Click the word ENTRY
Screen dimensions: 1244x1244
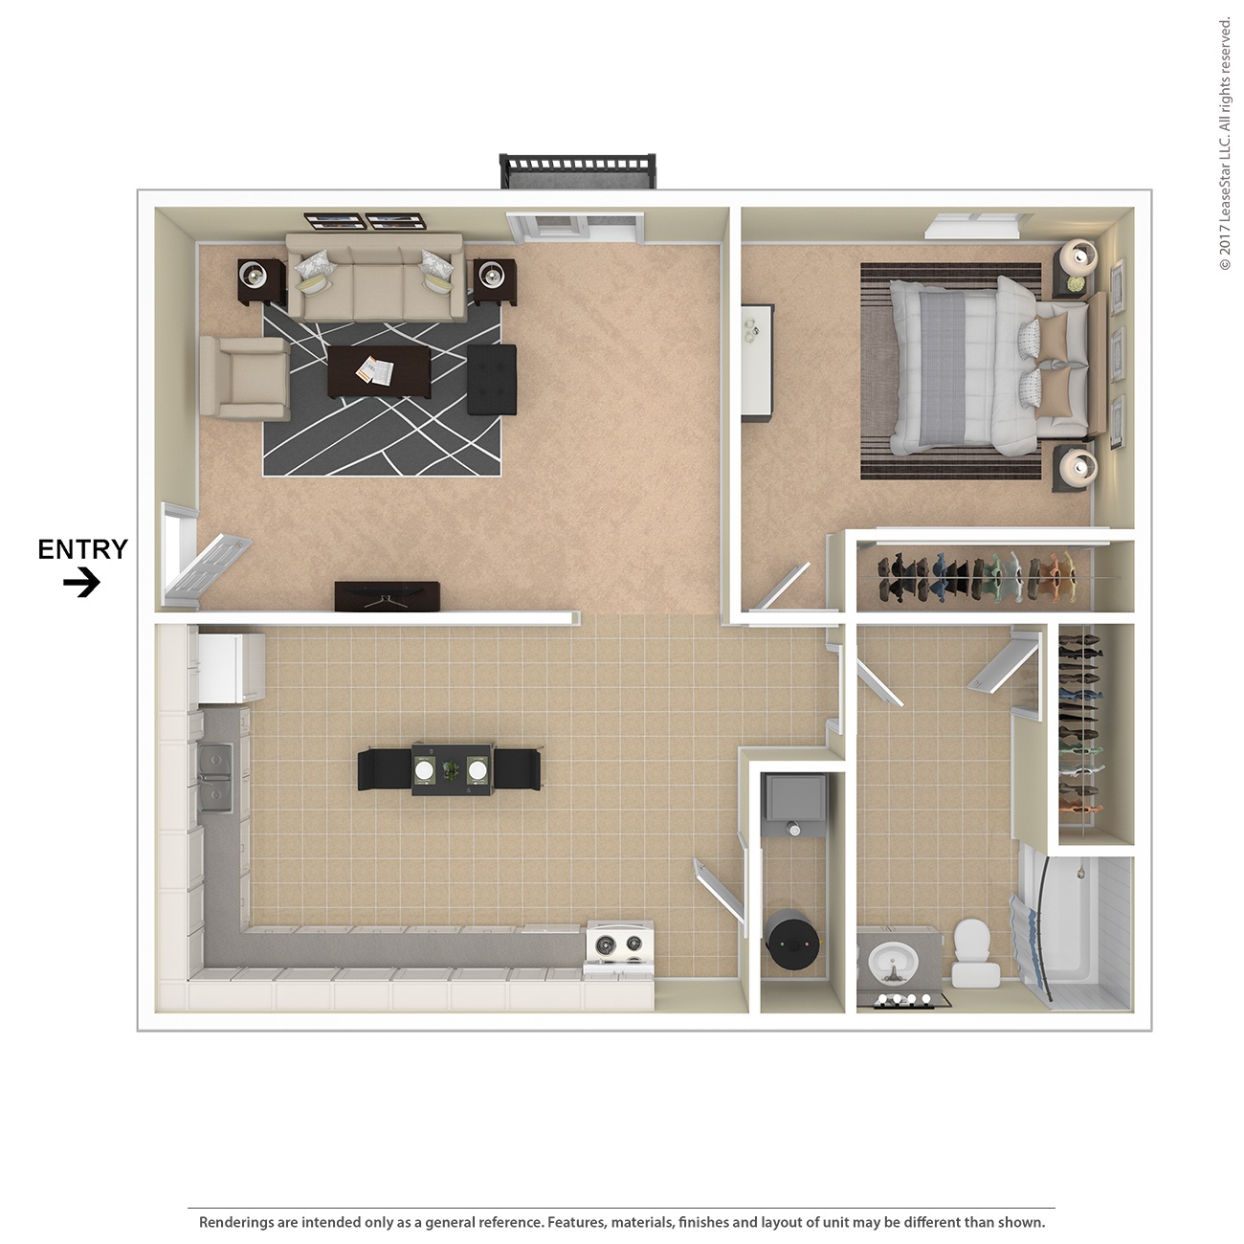click(82, 549)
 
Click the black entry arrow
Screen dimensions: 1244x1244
click(82, 582)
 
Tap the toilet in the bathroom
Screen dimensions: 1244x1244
click(975, 952)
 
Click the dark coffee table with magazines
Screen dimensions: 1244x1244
click(379, 371)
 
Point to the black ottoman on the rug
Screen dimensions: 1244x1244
click(492, 379)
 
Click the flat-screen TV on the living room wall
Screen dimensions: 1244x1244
click(387, 596)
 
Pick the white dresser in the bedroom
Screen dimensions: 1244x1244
click(758, 362)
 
